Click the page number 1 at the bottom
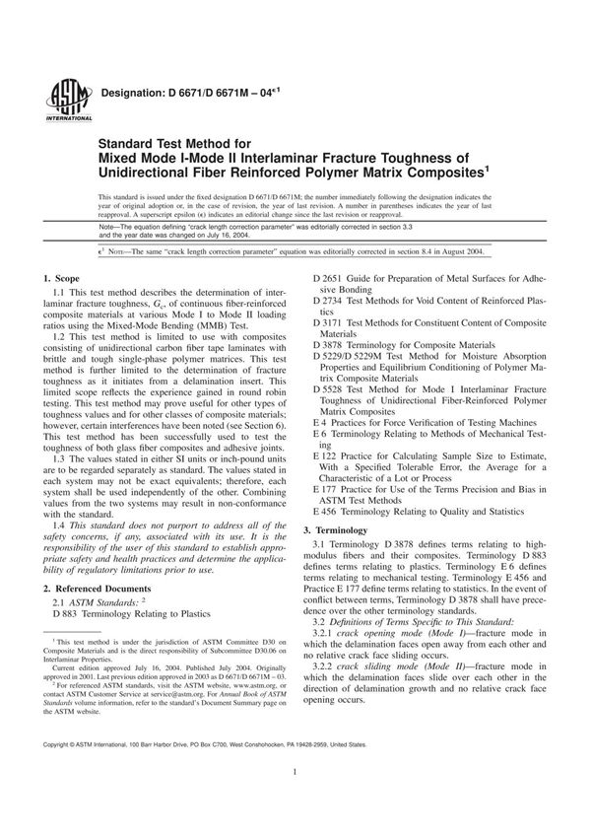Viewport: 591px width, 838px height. [x=295, y=803]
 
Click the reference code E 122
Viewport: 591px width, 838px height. [x=327, y=457]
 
